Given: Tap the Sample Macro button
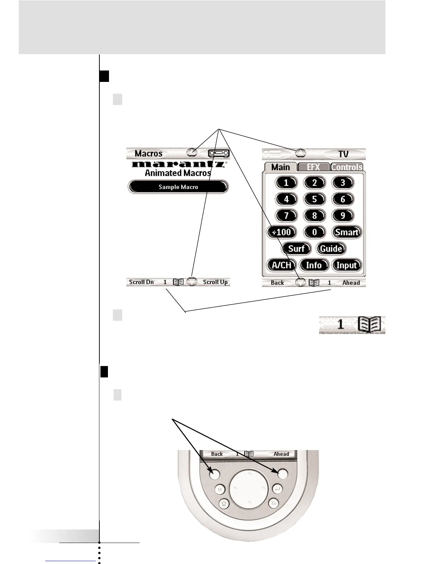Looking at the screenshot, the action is click(178, 187).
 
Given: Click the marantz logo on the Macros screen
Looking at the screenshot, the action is click(178, 164).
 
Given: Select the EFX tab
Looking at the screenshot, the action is click(313, 167).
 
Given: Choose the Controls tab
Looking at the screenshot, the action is click(347, 167).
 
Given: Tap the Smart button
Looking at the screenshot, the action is click(347, 232).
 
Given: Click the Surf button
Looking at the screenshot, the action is click(296, 249).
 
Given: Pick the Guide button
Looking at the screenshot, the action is click(331, 249).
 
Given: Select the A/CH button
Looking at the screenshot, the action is click(281, 265).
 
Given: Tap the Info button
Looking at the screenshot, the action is click(314, 265).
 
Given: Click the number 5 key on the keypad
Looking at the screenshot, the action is click(314, 199).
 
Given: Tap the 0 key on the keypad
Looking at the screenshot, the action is click(314, 232).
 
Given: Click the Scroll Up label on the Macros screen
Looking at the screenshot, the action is click(215, 282).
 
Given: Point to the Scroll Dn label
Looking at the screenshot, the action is click(141, 282).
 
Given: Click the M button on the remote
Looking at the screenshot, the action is click(219, 490).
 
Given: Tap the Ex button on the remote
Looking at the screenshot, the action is click(274, 503).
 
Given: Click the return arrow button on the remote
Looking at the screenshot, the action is click(278, 490).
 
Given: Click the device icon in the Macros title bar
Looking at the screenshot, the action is click(218, 153).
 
